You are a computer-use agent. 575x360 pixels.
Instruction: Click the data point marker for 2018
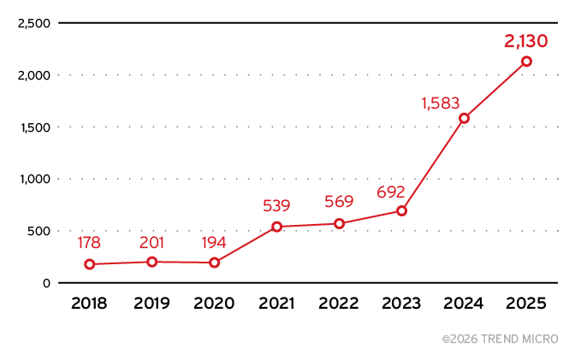(90, 264)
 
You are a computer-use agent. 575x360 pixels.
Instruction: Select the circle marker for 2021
(276, 227)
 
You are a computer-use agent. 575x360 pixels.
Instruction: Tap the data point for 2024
(464, 118)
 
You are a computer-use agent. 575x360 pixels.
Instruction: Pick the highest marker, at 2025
(526, 61)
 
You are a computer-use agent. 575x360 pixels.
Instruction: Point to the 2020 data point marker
(214, 263)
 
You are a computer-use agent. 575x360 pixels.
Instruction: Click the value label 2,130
(525, 40)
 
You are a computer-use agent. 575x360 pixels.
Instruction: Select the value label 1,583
(442, 103)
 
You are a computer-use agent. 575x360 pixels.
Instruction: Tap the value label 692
(390, 192)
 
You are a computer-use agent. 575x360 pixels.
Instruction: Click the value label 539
(276, 206)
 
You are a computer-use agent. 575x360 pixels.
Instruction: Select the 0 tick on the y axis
(46, 283)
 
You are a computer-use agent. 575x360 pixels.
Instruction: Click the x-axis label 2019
(151, 304)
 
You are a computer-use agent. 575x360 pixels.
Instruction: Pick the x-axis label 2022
(339, 304)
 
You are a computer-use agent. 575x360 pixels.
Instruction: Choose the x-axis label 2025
(526, 304)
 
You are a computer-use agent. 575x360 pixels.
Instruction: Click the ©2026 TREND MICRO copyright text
(500, 339)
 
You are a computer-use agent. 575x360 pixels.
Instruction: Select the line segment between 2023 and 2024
(433, 164)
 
